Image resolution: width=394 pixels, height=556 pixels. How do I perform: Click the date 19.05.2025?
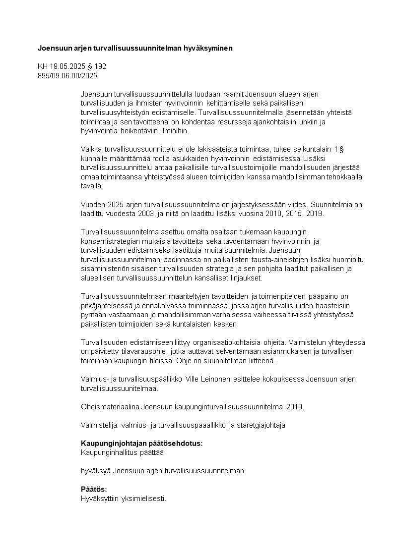tap(67, 66)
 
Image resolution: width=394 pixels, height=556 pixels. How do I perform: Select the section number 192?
tap(101, 66)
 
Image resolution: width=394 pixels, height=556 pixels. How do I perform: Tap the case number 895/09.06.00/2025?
tap(67, 75)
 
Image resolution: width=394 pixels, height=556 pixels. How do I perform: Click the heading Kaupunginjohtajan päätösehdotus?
tap(141, 444)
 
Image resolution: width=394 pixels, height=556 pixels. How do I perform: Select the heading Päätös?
tap(94, 490)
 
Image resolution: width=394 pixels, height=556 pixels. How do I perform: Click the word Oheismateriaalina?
tap(110, 407)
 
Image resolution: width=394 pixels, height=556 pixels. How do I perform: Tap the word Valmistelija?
tap(98, 425)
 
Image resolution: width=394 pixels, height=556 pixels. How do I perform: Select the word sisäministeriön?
tap(104, 269)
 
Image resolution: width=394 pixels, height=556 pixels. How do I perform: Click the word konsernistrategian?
tap(109, 241)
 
